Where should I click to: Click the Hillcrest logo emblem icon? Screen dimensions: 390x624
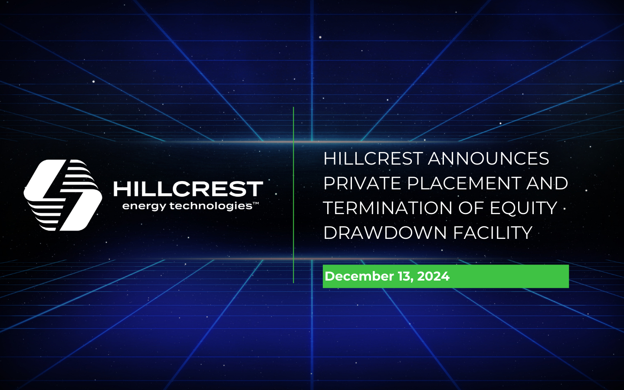pos(63,195)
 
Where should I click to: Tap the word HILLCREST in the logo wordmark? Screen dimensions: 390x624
pos(188,189)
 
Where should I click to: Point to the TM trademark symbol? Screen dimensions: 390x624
pos(256,203)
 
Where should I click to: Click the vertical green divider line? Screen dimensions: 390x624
pos(293,195)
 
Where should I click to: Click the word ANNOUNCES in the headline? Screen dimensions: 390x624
pos(489,159)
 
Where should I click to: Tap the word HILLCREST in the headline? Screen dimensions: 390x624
pos(373,159)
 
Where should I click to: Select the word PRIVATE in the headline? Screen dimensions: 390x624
pos(362,183)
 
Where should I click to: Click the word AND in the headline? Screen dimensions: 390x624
pos(547,183)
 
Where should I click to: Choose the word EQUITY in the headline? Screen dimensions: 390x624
pos(523,208)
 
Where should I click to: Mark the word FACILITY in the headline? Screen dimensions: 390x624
pos(493,233)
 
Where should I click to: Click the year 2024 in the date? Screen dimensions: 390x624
pos(433,276)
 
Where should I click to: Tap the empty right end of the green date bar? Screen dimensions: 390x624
pos(521,276)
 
